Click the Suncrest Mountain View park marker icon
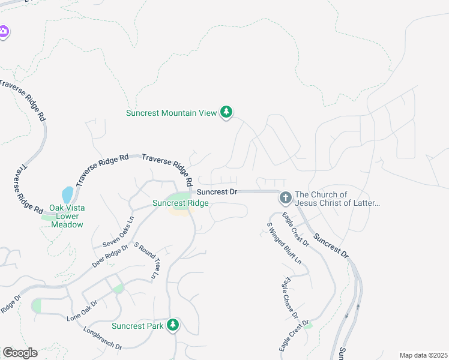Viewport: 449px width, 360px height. [226, 112]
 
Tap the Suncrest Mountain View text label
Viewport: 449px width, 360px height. [171, 113]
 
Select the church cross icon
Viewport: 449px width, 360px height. [285, 197]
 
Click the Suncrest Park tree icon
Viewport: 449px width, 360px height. [173, 325]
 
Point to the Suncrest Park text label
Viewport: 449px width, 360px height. [137, 326]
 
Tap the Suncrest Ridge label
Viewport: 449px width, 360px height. [180, 203]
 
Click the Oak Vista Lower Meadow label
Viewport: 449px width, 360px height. [66, 216]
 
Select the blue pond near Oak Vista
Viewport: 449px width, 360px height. [67, 195]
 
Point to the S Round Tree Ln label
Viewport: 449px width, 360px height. [145, 260]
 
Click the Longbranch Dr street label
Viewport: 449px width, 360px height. [103, 338]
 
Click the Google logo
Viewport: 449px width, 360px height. [20, 353]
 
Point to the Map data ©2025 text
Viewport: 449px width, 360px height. [423, 355]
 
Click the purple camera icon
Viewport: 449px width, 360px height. [3, 31]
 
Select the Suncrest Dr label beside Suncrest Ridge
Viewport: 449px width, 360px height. [218, 192]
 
